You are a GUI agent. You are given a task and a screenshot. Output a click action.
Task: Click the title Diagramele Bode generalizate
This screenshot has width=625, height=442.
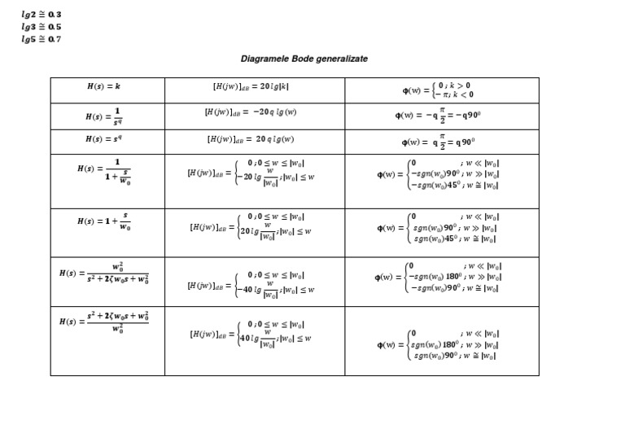click(x=304, y=59)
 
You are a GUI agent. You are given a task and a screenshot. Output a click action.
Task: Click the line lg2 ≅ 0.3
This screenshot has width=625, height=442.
click(x=42, y=15)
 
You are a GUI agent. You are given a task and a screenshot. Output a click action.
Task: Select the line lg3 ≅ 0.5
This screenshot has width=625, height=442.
click(x=42, y=27)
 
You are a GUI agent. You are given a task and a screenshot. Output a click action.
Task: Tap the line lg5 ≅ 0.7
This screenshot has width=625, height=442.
click(x=42, y=39)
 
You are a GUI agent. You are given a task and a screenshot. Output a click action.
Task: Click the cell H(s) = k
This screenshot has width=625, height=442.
click(x=103, y=85)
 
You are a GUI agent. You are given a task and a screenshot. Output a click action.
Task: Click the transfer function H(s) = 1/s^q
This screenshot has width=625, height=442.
click(x=103, y=116)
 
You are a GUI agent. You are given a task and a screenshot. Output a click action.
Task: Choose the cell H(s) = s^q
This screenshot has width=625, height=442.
click(x=103, y=139)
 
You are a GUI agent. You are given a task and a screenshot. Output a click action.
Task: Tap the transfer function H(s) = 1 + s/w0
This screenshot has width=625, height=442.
click(x=103, y=221)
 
